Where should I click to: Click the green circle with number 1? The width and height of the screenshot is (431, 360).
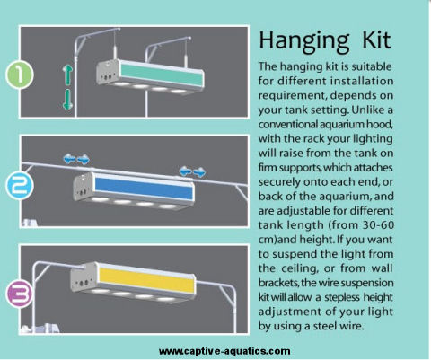point(20,75)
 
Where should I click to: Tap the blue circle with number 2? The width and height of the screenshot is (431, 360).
point(20,185)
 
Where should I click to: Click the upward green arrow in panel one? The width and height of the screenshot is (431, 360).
point(67,75)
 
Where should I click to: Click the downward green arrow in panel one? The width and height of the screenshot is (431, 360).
point(67,100)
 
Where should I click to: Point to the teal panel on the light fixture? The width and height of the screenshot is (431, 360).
point(162,75)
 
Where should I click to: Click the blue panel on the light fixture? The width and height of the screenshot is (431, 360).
point(144,189)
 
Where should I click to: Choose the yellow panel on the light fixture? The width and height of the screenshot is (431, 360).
point(146,281)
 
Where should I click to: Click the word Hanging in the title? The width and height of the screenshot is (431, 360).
point(303,41)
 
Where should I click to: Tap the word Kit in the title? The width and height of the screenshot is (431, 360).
point(376,40)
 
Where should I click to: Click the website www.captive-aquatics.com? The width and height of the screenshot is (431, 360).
point(224,351)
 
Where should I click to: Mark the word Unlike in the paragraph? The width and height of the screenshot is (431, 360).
point(368,110)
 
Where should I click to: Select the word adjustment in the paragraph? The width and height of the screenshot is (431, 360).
point(290,312)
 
